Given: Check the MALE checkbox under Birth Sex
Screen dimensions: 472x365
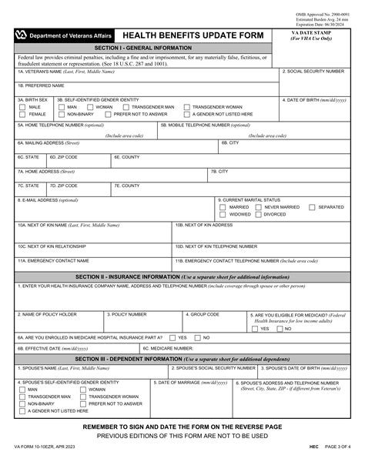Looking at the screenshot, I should click(22, 107).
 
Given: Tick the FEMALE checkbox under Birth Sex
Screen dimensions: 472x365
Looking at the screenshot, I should click(22, 114).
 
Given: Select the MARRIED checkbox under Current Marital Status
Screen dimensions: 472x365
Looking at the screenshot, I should click(223, 207).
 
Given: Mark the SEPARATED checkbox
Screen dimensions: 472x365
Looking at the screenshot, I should click(312, 207).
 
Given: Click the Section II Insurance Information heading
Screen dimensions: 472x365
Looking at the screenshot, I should click(182, 276).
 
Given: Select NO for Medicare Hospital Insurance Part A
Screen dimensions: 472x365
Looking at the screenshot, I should click(196, 337).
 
